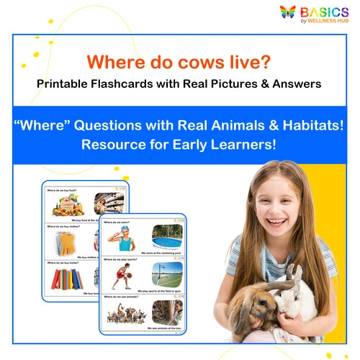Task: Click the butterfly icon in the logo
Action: (x=289, y=12)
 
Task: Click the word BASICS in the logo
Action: (x=325, y=11)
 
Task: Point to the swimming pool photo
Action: (x=167, y=235)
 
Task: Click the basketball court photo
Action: (x=167, y=274)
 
